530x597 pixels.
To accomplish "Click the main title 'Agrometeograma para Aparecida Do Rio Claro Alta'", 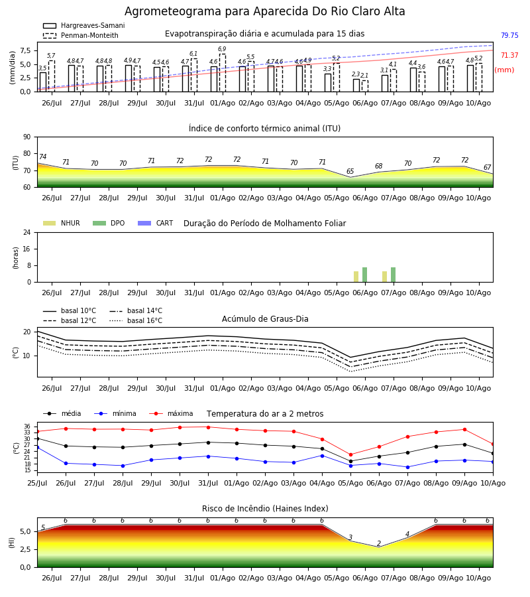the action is coord(264,11).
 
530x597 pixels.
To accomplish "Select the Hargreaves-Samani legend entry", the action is coord(83,25).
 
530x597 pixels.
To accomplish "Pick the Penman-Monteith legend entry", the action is coord(81,35).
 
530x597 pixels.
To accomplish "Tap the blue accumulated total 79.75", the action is coord(509,35).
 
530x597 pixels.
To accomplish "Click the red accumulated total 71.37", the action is coord(509,55).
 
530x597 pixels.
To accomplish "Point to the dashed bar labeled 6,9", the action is coord(223,73).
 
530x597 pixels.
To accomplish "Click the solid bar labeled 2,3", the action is coord(356,86).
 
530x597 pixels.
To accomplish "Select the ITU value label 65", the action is coord(350,171).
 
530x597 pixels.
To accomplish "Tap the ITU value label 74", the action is coord(42,157).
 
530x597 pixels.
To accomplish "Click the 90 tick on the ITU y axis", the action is coord(27,137).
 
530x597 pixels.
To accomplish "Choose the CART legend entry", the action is coord(156,223).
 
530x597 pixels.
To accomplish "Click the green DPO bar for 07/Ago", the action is coord(393,275).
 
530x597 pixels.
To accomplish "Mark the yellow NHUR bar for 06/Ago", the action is coord(356,277).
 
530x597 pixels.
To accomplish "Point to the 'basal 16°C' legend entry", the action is coord(136,320).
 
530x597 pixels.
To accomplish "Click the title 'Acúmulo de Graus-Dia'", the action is coord(265,319).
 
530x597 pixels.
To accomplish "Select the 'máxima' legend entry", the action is coord(171,413).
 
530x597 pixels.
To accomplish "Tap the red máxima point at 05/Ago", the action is coord(350,454).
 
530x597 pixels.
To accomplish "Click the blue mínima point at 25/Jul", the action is coord(38,447).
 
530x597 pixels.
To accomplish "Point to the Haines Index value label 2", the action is coord(379,543).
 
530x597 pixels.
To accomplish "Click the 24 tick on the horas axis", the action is coord(27,232).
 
